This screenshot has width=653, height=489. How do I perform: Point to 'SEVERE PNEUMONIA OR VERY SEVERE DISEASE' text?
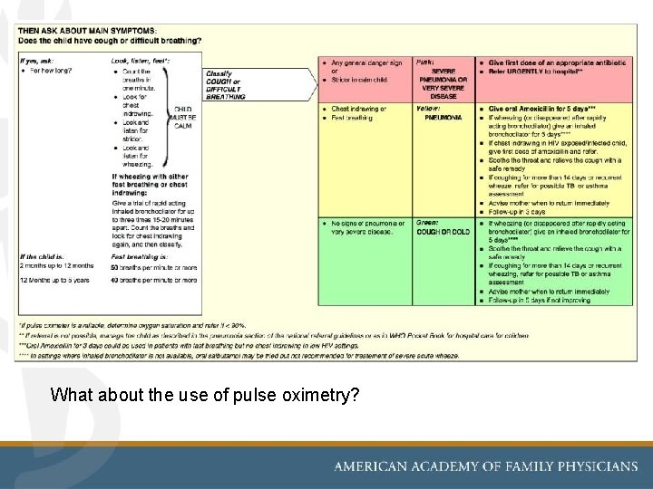click(443, 82)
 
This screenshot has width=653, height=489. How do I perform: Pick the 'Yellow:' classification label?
click(427, 109)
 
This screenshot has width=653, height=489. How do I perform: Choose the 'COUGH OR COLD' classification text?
click(443, 231)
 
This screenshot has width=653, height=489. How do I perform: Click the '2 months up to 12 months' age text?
click(55, 266)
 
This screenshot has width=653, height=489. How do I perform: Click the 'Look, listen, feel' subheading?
click(140, 60)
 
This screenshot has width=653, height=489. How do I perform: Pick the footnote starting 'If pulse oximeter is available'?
click(132, 325)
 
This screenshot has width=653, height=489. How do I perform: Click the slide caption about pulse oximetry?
click(205, 395)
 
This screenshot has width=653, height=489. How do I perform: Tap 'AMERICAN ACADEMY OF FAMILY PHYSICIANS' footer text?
click(486, 466)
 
